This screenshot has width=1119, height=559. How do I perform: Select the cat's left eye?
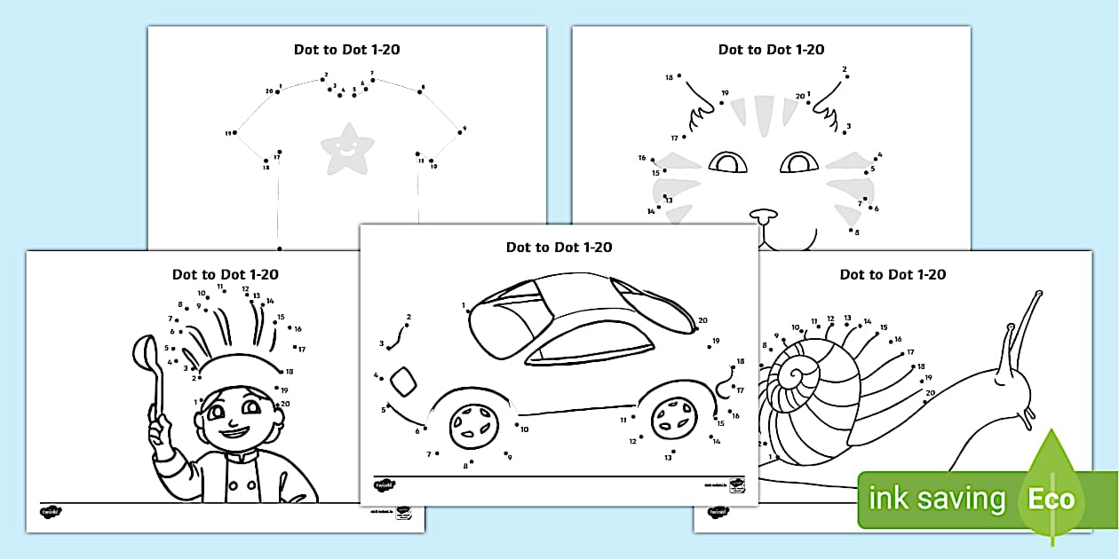click(x=728, y=162)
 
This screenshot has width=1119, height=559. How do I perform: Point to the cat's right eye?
click(x=799, y=162)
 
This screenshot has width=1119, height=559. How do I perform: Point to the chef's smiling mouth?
click(x=235, y=432)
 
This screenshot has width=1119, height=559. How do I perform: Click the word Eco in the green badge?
click(x=1052, y=499)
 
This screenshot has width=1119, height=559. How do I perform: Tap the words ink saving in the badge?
click(x=937, y=499)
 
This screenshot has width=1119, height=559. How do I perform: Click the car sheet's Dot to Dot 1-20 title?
click(x=559, y=248)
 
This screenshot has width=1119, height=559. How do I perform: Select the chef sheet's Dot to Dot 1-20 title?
click(x=225, y=275)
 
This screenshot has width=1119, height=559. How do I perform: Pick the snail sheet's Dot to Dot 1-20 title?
click(x=893, y=275)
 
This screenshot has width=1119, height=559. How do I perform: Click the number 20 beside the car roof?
click(x=702, y=320)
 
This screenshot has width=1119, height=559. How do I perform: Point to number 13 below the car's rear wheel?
click(x=668, y=457)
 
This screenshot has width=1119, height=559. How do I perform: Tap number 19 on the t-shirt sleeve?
click(x=228, y=133)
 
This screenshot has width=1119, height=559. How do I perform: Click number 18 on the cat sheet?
click(x=669, y=77)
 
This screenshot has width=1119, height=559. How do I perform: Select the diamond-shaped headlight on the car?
click(x=403, y=380)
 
